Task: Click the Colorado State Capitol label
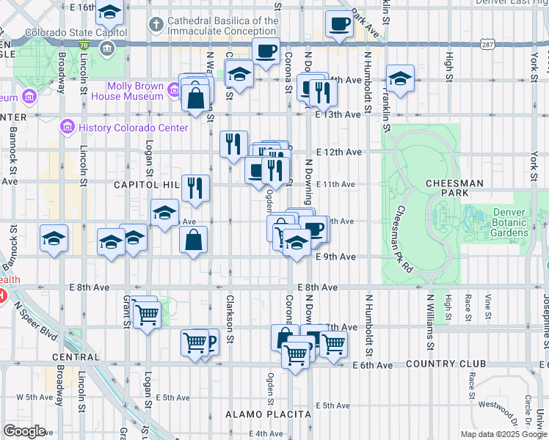point(76,33)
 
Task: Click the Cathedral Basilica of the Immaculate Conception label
point(223,26)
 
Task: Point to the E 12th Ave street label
point(339,152)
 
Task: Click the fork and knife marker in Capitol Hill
point(194,188)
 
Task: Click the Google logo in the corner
point(25,430)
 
